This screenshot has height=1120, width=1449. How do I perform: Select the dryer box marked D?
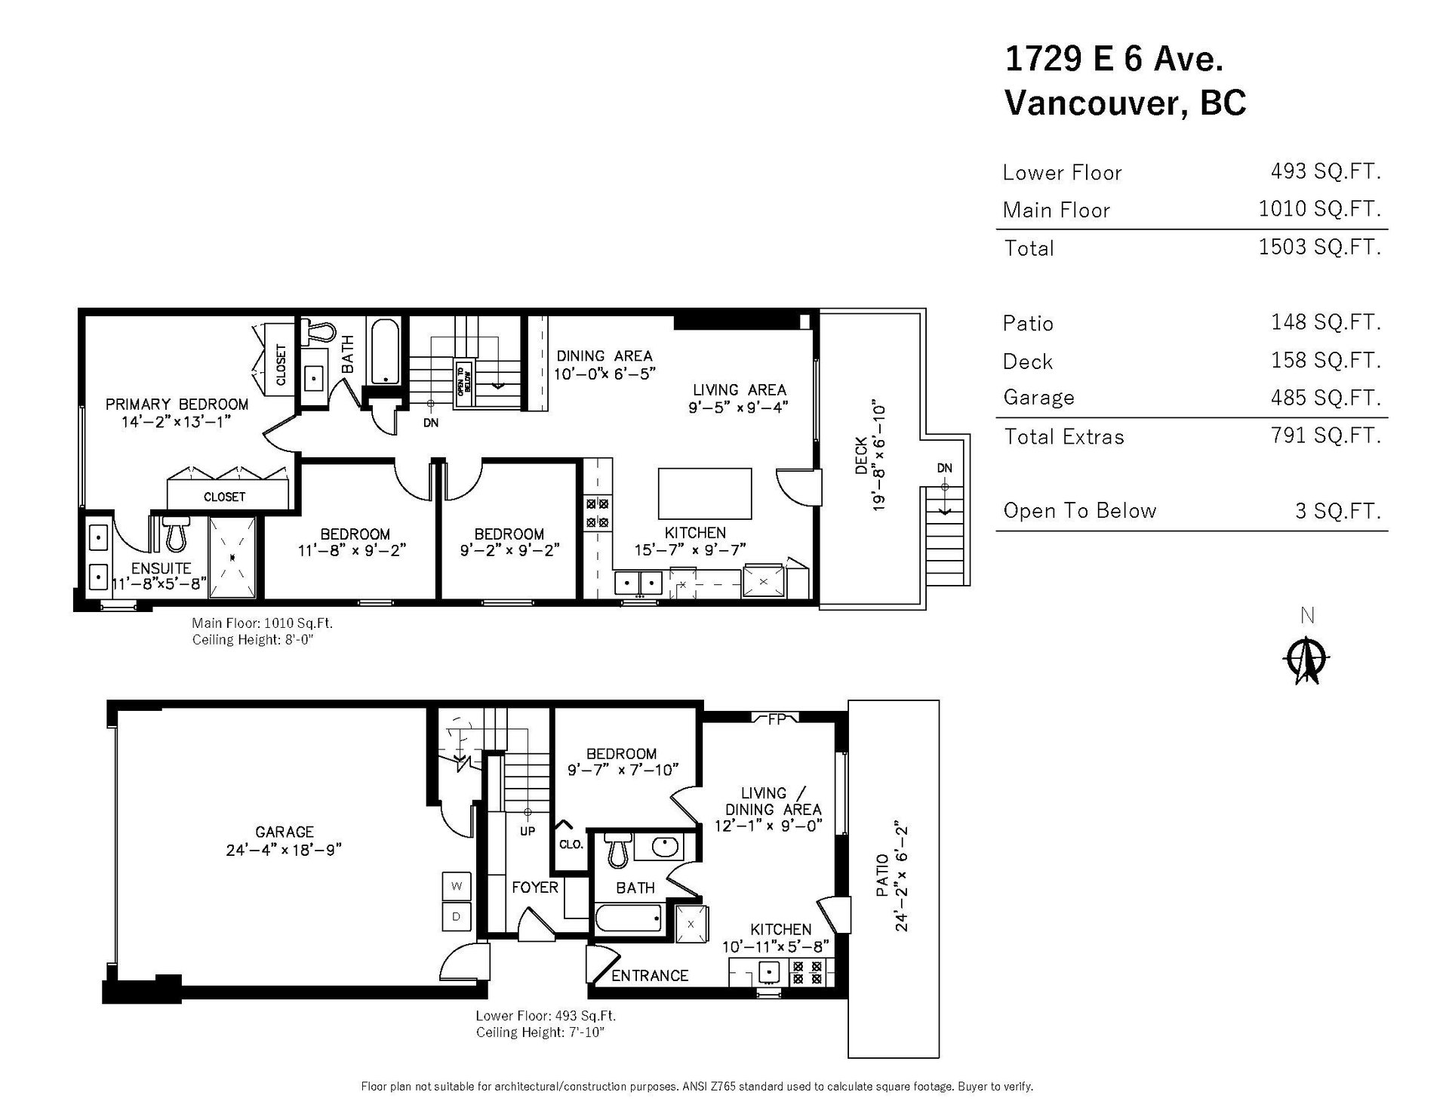pos(456,917)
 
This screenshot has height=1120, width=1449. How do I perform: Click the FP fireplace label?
pos(776,719)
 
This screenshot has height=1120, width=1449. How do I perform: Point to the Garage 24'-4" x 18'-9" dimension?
pos(284,850)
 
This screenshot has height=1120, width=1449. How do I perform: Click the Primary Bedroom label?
pos(177,405)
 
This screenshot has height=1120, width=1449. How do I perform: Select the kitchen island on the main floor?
pos(705,494)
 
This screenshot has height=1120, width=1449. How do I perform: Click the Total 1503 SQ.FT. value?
pos(1319,247)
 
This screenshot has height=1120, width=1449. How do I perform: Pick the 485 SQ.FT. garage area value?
pos(1325,398)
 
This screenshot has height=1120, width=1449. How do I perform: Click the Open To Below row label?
pos(1079,511)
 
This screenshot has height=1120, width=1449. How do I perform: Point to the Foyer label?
pos(535,888)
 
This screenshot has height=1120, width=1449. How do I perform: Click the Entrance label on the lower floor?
pos(650,976)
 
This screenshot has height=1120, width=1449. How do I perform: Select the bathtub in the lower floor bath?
pos(629,919)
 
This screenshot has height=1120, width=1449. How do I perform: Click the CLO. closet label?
pos(571,845)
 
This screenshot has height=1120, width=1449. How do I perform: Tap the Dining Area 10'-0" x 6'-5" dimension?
pos(605,373)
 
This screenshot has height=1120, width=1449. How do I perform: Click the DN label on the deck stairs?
pos(945,468)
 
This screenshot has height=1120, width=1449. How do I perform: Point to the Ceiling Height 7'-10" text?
pos(540,1032)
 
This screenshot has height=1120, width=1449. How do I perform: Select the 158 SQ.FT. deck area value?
pos(1325,360)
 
